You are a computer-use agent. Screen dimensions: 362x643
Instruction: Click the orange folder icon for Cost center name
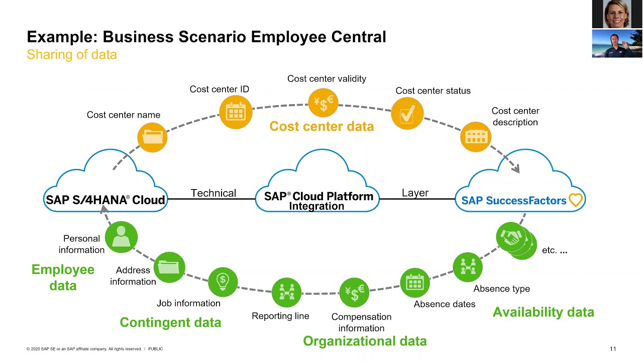(x=152, y=137)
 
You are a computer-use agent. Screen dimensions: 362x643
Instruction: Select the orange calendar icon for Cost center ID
(x=235, y=112)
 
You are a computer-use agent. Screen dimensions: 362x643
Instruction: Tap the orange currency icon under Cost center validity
(x=323, y=103)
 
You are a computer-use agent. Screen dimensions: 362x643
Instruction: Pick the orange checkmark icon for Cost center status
(x=407, y=114)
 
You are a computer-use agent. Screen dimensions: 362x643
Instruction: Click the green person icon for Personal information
(x=121, y=237)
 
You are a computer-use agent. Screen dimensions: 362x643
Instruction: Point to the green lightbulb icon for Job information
(x=223, y=282)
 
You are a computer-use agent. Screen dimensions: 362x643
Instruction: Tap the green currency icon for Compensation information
(x=354, y=293)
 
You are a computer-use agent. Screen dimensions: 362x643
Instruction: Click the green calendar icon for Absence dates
(x=415, y=283)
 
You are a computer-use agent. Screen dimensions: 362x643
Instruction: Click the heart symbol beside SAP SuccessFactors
(x=575, y=200)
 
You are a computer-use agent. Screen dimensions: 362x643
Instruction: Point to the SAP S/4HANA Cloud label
(x=105, y=200)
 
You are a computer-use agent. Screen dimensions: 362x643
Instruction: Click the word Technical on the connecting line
(x=213, y=193)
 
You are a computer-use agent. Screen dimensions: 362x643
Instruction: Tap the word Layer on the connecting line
(x=415, y=193)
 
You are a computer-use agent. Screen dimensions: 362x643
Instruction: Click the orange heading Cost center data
(x=321, y=126)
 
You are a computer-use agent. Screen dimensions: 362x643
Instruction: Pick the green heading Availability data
(x=543, y=312)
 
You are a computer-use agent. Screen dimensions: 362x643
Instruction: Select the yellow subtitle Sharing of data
(x=72, y=54)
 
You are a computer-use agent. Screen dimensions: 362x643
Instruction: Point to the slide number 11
(x=612, y=349)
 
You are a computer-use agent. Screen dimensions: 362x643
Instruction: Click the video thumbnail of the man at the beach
(x=617, y=44)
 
